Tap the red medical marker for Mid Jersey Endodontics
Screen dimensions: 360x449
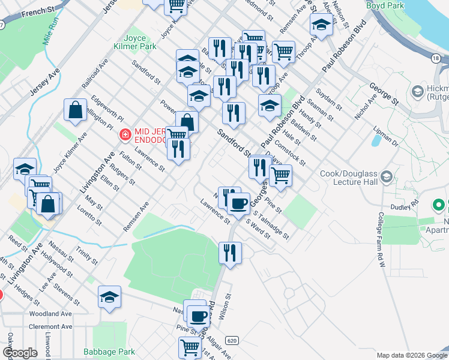(125, 135)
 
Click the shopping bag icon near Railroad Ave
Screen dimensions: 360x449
(76, 110)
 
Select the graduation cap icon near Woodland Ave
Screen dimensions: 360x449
(109, 297)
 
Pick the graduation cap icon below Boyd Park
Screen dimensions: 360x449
(321, 25)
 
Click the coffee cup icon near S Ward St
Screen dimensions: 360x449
(238, 203)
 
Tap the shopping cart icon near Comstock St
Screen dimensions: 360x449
(280, 175)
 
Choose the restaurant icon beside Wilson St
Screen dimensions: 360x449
(230, 253)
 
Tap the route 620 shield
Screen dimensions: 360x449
(232, 340)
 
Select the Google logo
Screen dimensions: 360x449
(20, 353)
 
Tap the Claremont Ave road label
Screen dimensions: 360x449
(50, 327)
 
